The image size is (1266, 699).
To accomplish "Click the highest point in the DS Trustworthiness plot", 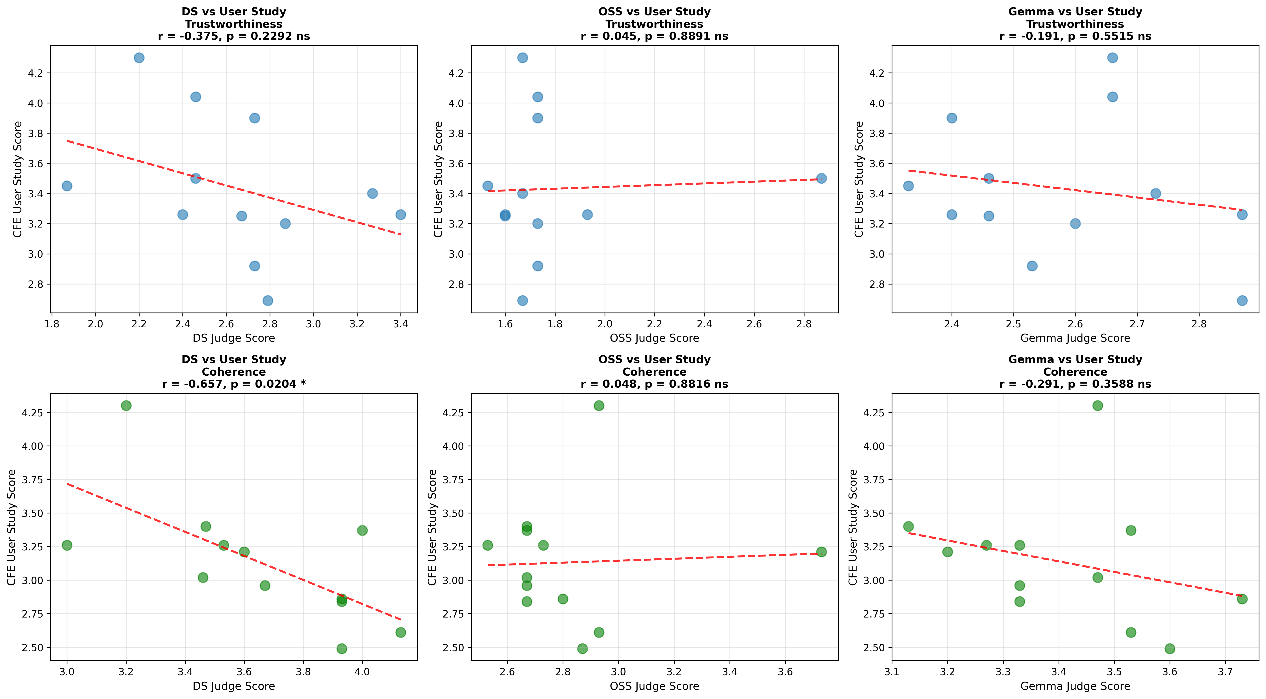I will (139, 58).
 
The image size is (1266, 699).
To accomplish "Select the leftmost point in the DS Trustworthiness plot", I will (67, 186).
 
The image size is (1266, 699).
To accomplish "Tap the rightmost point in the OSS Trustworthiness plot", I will (821, 178).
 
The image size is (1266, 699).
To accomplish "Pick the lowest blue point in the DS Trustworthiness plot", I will (268, 301).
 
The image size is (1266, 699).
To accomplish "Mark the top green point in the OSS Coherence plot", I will (599, 406).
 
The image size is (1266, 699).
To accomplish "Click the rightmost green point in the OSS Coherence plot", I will (821, 552).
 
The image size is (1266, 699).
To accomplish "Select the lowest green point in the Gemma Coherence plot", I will (1170, 648).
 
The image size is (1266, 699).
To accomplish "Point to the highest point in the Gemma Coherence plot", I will (1097, 406).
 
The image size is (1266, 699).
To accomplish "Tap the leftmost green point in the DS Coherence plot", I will (67, 545).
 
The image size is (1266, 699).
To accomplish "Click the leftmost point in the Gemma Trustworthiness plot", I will (908, 186).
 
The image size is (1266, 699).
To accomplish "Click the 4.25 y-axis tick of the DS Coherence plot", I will (33, 413).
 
